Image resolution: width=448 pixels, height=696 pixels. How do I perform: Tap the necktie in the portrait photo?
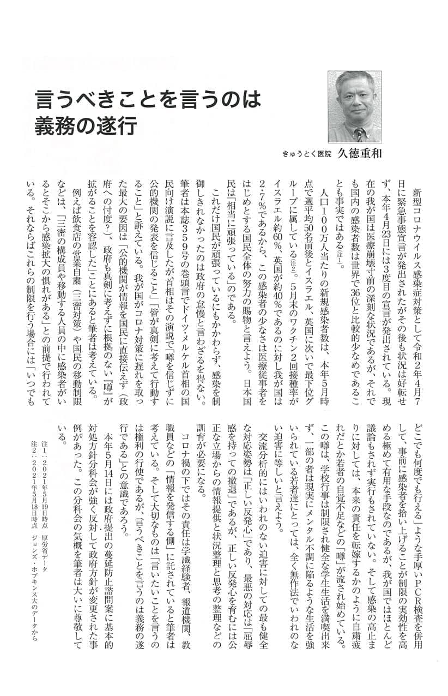pyautogui.click(x=359, y=135)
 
